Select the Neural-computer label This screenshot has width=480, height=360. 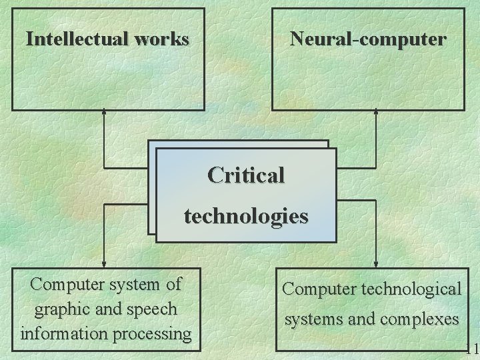[368, 39]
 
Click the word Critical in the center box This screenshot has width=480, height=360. [246, 175]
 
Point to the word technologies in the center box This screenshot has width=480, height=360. [246, 216]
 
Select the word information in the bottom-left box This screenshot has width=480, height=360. [64, 332]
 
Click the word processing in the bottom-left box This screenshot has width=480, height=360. [151, 332]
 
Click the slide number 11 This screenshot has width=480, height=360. [473, 349]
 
